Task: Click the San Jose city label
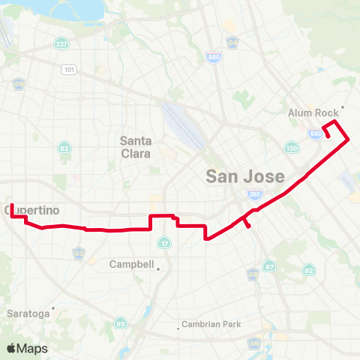pos(245,177)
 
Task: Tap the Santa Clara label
pos(136,147)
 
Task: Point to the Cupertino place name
pos(32,210)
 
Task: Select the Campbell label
pos(131,265)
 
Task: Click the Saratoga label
pos(28,312)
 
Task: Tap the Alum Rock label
pos(313,112)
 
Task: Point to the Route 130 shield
pos(291,148)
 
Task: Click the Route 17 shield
pos(165,244)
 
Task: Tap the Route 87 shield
pos(270,266)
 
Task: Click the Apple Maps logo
pos(27,348)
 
